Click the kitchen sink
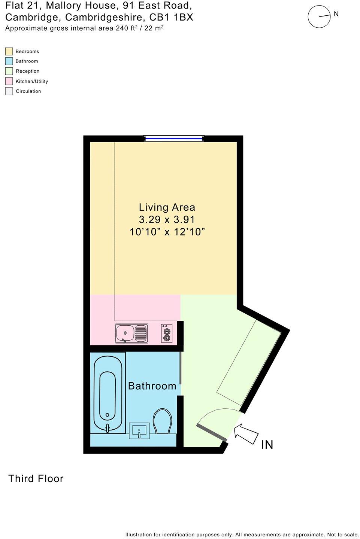[x=131, y=333]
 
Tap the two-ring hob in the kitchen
[x=167, y=333]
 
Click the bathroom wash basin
[x=139, y=431]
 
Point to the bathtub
[x=108, y=393]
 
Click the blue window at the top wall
[x=174, y=138]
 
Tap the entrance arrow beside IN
[x=246, y=433]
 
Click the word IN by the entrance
[x=267, y=445]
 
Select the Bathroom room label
[x=152, y=386]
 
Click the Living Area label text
[x=167, y=207]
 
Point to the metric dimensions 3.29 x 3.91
[x=167, y=219]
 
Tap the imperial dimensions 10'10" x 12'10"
[x=167, y=232]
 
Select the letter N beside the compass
[x=336, y=14]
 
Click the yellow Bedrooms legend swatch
[x=9, y=51]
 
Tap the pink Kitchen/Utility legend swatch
[x=9, y=81]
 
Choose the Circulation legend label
[x=28, y=91]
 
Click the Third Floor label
[x=36, y=479]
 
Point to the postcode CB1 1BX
[x=171, y=17]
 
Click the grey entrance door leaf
[x=212, y=432]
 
